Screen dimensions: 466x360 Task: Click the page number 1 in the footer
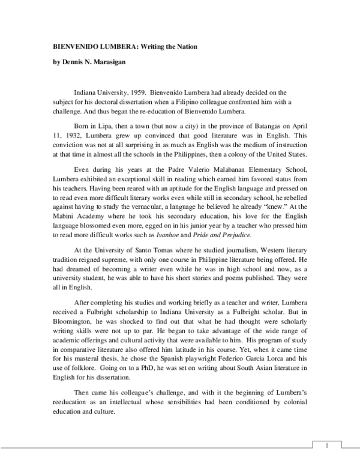pyautogui.click(x=326, y=445)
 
